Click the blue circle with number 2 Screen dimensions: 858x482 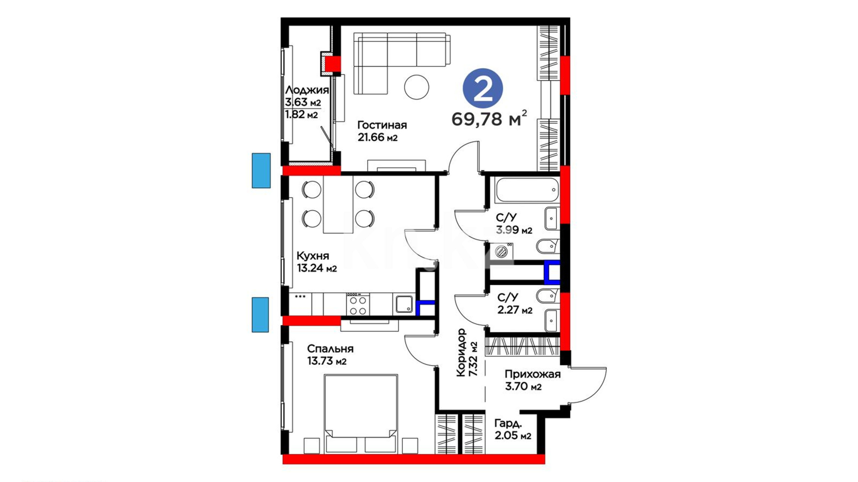pyautogui.click(x=483, y=88)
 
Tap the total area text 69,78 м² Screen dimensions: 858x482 pyautogui.click(x=489, y=119)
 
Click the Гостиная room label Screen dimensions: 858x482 pyautogui.click(x=382, y=125)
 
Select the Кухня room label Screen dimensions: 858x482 pyautogui.click(x=313, y=256)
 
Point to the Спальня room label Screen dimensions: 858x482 pyautogui.click(x=330, y=349)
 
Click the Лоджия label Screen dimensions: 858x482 pyautogui.click(x=307, y=90)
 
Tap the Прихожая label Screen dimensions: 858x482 pyautogui.click(x=533, y=374)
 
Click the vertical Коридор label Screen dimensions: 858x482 pyautogui.click(x=462, y=353)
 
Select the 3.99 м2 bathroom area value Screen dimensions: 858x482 pyautogui.click(x=514, y=230)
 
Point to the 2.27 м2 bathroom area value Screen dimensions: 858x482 pyautogui.click(x=515, y=310)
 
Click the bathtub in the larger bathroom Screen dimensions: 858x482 pyautogui.click(x=527, y=191)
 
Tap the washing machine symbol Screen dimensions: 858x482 pyautogui.click(x=501, y=251)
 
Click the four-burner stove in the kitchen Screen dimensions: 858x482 pyautogui.click(x=358, y=304)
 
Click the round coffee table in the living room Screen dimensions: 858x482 pyautogui.click(x=416, y=87)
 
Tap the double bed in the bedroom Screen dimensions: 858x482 pyautogui.click(x=361, y=413)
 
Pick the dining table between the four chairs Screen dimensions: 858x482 pyautogui.click(x=338, y=204)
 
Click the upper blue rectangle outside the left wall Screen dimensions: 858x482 pyautogui.click(x=261, y=170)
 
